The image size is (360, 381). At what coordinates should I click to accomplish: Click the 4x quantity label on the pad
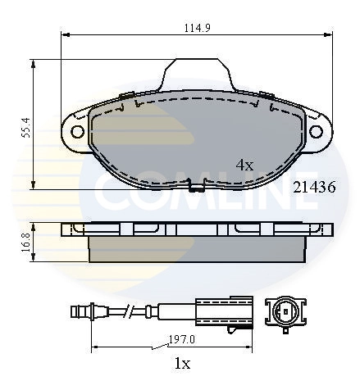coord(244,164)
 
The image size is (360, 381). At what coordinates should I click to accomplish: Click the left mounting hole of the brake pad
coord(78,131)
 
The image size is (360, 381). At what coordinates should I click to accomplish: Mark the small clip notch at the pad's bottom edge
coord(196,185)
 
